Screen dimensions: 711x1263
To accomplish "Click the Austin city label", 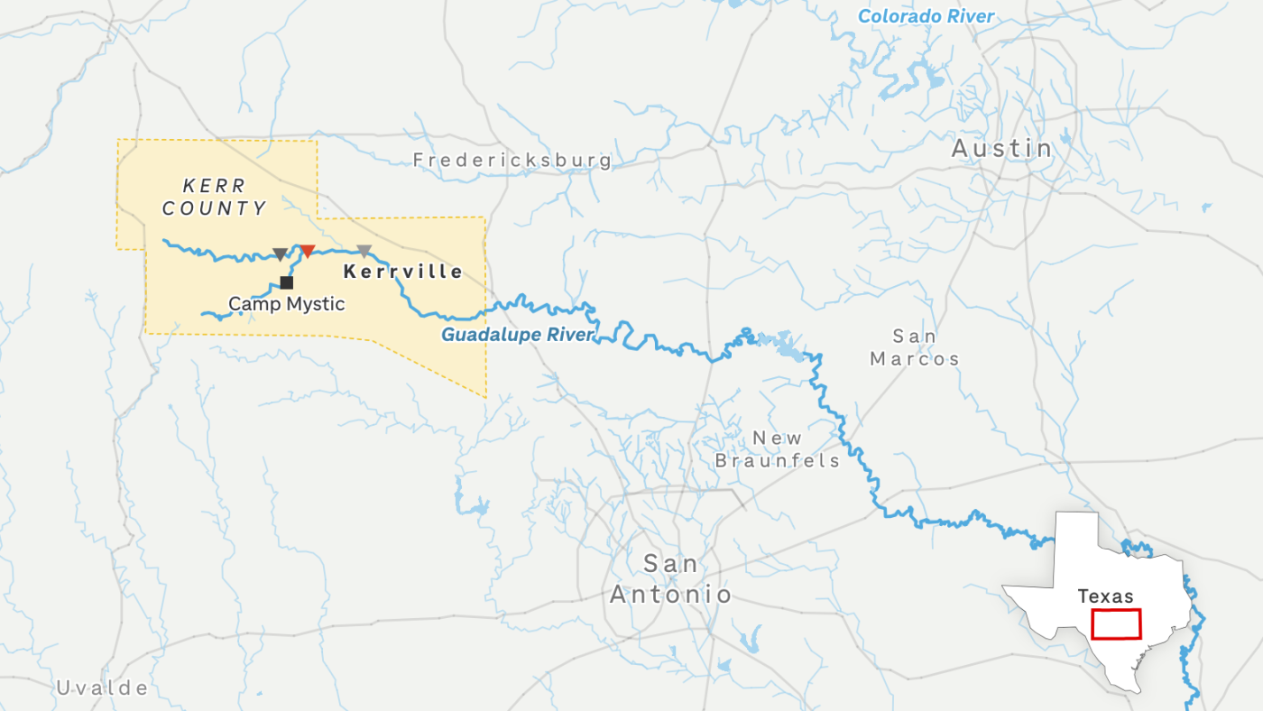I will tap(1002, 148).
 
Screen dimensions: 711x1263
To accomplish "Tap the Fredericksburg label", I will tap(512, 161).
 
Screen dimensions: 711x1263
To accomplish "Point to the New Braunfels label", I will tap(777, 449).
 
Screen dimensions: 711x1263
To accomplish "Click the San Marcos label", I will tap(915, 347).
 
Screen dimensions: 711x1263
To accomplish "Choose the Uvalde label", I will tap(102, 688).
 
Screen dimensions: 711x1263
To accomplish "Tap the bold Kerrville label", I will tap(403, 272).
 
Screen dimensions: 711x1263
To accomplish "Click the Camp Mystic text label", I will tap(286, 304).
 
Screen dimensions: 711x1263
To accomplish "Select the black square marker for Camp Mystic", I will tap(287, 282).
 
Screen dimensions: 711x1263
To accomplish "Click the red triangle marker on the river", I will tap(308, 251).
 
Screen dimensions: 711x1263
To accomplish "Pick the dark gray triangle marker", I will tap(281, 254).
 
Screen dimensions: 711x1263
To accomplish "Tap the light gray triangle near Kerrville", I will tap(364, 251).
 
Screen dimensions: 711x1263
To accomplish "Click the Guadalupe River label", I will tap(517, 336).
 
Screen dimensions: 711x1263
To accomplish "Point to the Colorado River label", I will tap(926, 16).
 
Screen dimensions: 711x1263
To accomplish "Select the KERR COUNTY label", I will tap(215, 198).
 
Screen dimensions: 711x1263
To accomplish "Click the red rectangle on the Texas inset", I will tap(1116, 623).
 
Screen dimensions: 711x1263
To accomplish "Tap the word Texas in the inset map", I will tap(1105, 596).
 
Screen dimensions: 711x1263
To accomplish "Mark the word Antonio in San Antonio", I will tap(670, 595).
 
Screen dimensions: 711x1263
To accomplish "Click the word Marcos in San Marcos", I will tap(915, 359).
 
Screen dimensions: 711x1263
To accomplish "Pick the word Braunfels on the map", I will tap(777, 460).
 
